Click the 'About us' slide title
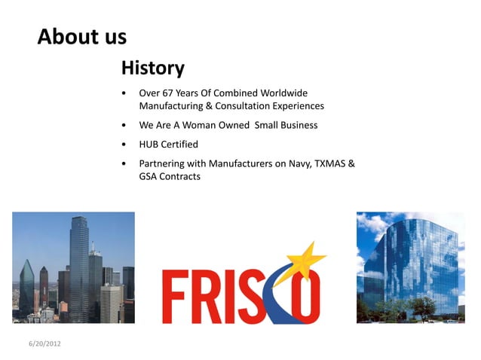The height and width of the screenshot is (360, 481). (x=81, y=36)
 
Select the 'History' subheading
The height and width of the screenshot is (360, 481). (x=152, y=69)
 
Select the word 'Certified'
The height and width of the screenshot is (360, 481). (x=180, y=144)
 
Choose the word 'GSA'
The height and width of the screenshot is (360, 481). (x=149, y=176)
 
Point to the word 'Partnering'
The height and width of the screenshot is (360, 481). (x=162, y=163)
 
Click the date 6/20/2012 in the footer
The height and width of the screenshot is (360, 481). (x=44, y=343)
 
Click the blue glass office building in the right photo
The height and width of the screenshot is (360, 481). (x=411, y=264)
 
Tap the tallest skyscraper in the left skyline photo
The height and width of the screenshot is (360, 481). (x=78, y=264)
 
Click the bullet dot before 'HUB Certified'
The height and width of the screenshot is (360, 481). (x=124, y=144)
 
